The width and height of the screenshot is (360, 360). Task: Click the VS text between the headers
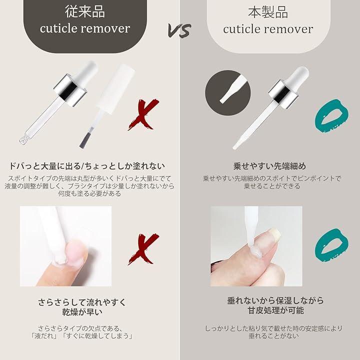point(179,30)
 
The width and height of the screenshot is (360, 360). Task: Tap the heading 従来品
point(85,11)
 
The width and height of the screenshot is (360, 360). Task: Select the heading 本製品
point(268,12)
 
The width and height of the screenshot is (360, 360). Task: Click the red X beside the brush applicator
point(144,114)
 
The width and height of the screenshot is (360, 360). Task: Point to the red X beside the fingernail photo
point(144,249)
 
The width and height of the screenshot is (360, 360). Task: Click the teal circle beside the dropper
point(332,116)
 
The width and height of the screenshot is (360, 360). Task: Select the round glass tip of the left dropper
point(23,140)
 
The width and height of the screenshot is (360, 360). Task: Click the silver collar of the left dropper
point(70,90)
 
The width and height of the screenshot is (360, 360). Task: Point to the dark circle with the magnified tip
point(228,93)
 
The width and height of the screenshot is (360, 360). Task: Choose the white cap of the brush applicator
point(116,87)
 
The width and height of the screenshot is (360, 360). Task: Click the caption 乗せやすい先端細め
point(269,166)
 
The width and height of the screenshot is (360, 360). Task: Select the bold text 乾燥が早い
point(82,312)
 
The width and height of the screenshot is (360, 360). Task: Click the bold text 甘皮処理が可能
point(275,310)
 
